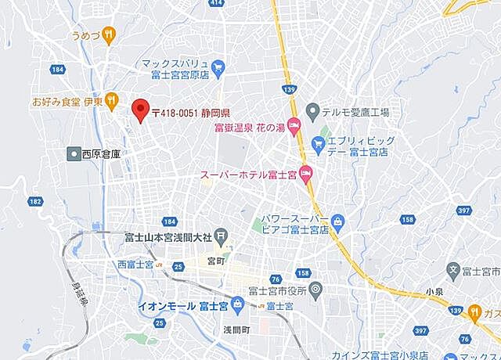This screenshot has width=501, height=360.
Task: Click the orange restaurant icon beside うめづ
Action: [x=109, y=34]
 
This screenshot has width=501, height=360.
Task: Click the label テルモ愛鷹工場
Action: [x=355, y=112]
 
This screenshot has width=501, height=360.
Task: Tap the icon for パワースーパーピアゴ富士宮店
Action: [x=337, y=221]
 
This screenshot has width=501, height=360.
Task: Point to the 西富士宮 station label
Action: [x=139, y=264]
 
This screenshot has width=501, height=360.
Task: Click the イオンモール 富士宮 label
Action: [x=182, y=304]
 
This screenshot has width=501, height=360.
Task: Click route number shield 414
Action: [x=217, y=3]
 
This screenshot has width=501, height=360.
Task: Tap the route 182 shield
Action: [x=35, y=201]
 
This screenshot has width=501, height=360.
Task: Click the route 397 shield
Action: [x=463, y=211]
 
